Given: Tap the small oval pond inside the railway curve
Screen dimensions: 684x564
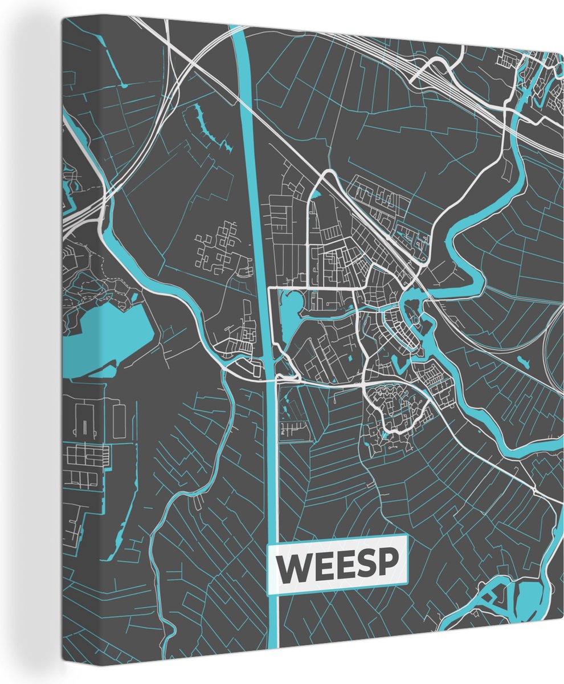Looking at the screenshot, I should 522,360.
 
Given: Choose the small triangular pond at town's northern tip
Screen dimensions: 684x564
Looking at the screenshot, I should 317,196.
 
